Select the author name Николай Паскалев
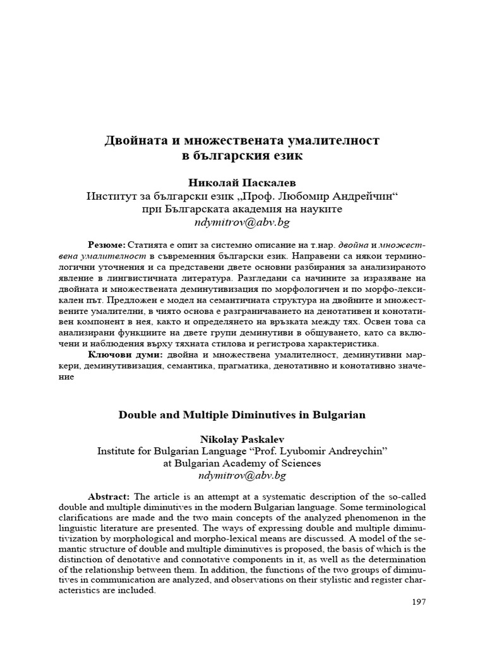coord(242,182)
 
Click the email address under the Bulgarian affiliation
coord(242,223)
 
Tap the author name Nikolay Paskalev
coord(242,438)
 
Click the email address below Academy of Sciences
coord(242,475)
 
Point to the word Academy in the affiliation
coord(246,463)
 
